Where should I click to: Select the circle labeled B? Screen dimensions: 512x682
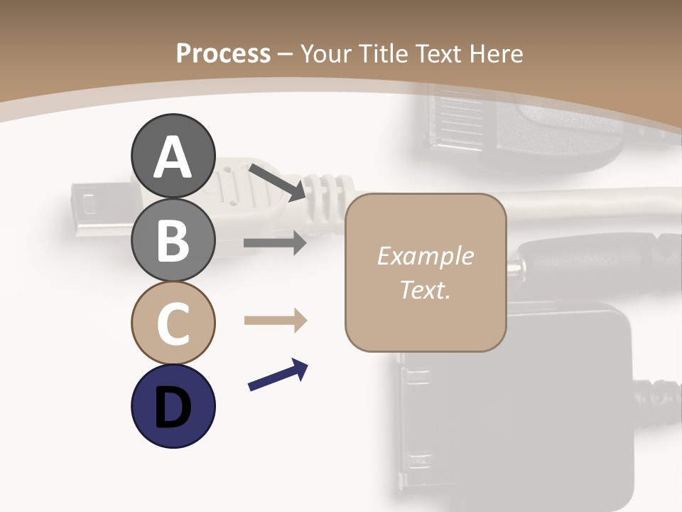pos(173,240)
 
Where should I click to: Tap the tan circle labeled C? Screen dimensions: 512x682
pos(173,323)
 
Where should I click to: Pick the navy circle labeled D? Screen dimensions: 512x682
pos(173,406)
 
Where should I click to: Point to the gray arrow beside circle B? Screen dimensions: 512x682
pos(275,243)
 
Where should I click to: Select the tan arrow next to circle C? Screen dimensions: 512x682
pos(275,321)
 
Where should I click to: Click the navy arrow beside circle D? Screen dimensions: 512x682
pos(278,375)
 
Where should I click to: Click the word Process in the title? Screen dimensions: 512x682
pos(223,54)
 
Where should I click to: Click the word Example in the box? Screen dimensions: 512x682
pos(425,256)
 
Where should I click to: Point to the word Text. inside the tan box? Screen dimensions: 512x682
pos(425,289)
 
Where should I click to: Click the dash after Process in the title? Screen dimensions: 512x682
pos(285,54)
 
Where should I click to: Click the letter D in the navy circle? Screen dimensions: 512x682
pos(173,407)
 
